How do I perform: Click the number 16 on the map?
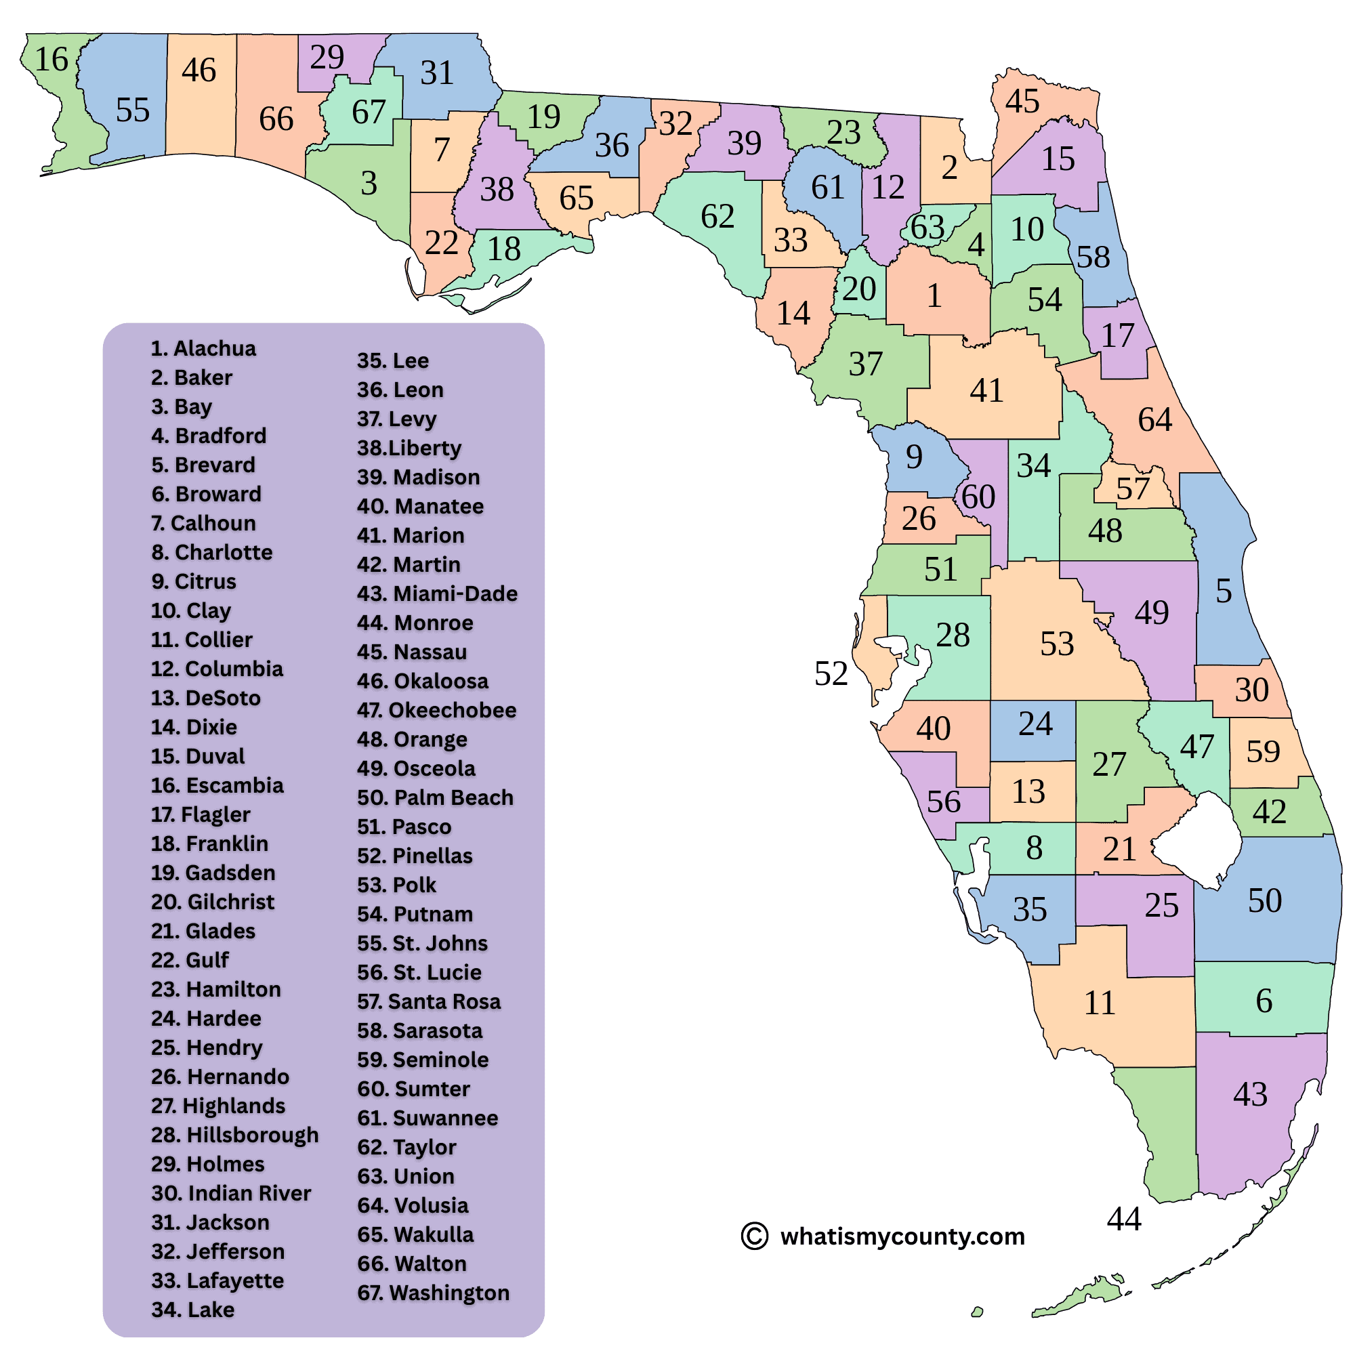pos(51,60)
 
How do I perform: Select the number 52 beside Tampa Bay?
pos(831,674)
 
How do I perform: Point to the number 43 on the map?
pos(1250,1095)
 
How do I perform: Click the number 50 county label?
pos(1264,901)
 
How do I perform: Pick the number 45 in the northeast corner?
pos(1022,102)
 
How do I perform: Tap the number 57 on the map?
pos(1133,489)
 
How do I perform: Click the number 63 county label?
pos(927,227)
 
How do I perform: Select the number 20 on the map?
pos(859,289)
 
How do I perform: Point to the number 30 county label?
pos(1251,690)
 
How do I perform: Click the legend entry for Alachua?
pos(203,348)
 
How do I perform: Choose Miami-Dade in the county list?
pos(437,594)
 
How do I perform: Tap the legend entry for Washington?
pos(434,1293)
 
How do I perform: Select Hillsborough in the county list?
pos(235,1135)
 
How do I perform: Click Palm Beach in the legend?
pos(435,797)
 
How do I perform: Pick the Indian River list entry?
pos(231,1193)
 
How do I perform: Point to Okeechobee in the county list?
pos(436,710)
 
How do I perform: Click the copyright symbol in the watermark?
pos(755,1236)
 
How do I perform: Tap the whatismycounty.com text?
pos(902,1236)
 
